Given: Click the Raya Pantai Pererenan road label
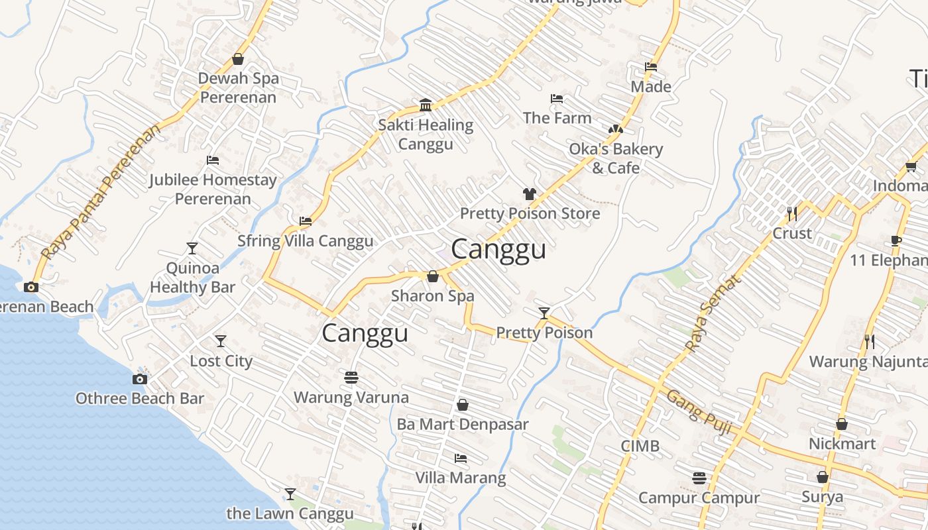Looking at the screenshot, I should tap(101, 192).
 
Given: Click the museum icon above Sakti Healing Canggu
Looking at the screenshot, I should tap(426, 105).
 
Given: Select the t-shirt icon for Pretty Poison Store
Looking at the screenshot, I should tap(529, 194).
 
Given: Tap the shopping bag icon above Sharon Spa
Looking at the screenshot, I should tap(433, 276).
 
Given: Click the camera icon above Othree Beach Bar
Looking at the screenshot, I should tap(139, 379).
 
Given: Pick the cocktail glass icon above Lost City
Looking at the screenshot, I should tap(221, 341).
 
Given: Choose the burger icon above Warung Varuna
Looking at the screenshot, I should tap(351, 378).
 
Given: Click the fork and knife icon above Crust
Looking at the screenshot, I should tap(791, 213).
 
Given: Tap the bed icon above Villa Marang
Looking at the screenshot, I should tap(461, 458).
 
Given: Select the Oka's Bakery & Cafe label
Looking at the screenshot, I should tap(616, 158).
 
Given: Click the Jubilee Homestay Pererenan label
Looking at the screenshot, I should tap(213, 189).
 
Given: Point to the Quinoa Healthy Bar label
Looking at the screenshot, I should tap(192, 278).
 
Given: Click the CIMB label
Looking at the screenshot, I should tap(640, 446).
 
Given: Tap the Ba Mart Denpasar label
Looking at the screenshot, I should tap(463, 424).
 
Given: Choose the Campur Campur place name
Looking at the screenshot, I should tap(699, 498).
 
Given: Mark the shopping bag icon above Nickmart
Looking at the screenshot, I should tap(841, 424).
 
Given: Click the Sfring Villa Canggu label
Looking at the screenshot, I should tap(306, 240).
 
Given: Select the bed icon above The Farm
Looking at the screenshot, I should tap(557, 99).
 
